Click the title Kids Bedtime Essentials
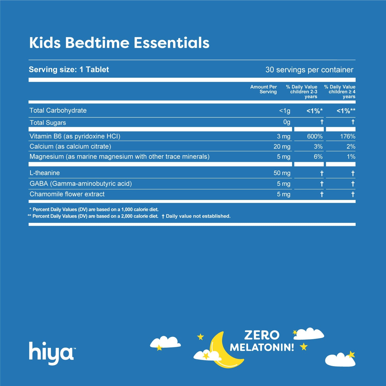pos(119,43)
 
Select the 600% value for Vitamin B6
pos(315,136)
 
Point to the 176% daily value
pos(347,136)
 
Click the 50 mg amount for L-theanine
pos(282,173)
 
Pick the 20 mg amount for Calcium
pos(282,147)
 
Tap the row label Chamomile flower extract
pos(67,194)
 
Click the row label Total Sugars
pos(48,123)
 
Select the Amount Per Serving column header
pos(264,89)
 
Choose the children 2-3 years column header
pos(302,92)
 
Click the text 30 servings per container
pos(309,70)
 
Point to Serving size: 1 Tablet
pos(69,69)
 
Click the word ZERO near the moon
pos(262,335)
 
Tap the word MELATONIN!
pos(262,347)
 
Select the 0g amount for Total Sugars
pos(287,122)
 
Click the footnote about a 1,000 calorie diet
pos(94,209)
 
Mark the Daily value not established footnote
pos(196,216)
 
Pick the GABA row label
pos(81,184)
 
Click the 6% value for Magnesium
pos(318,157)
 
